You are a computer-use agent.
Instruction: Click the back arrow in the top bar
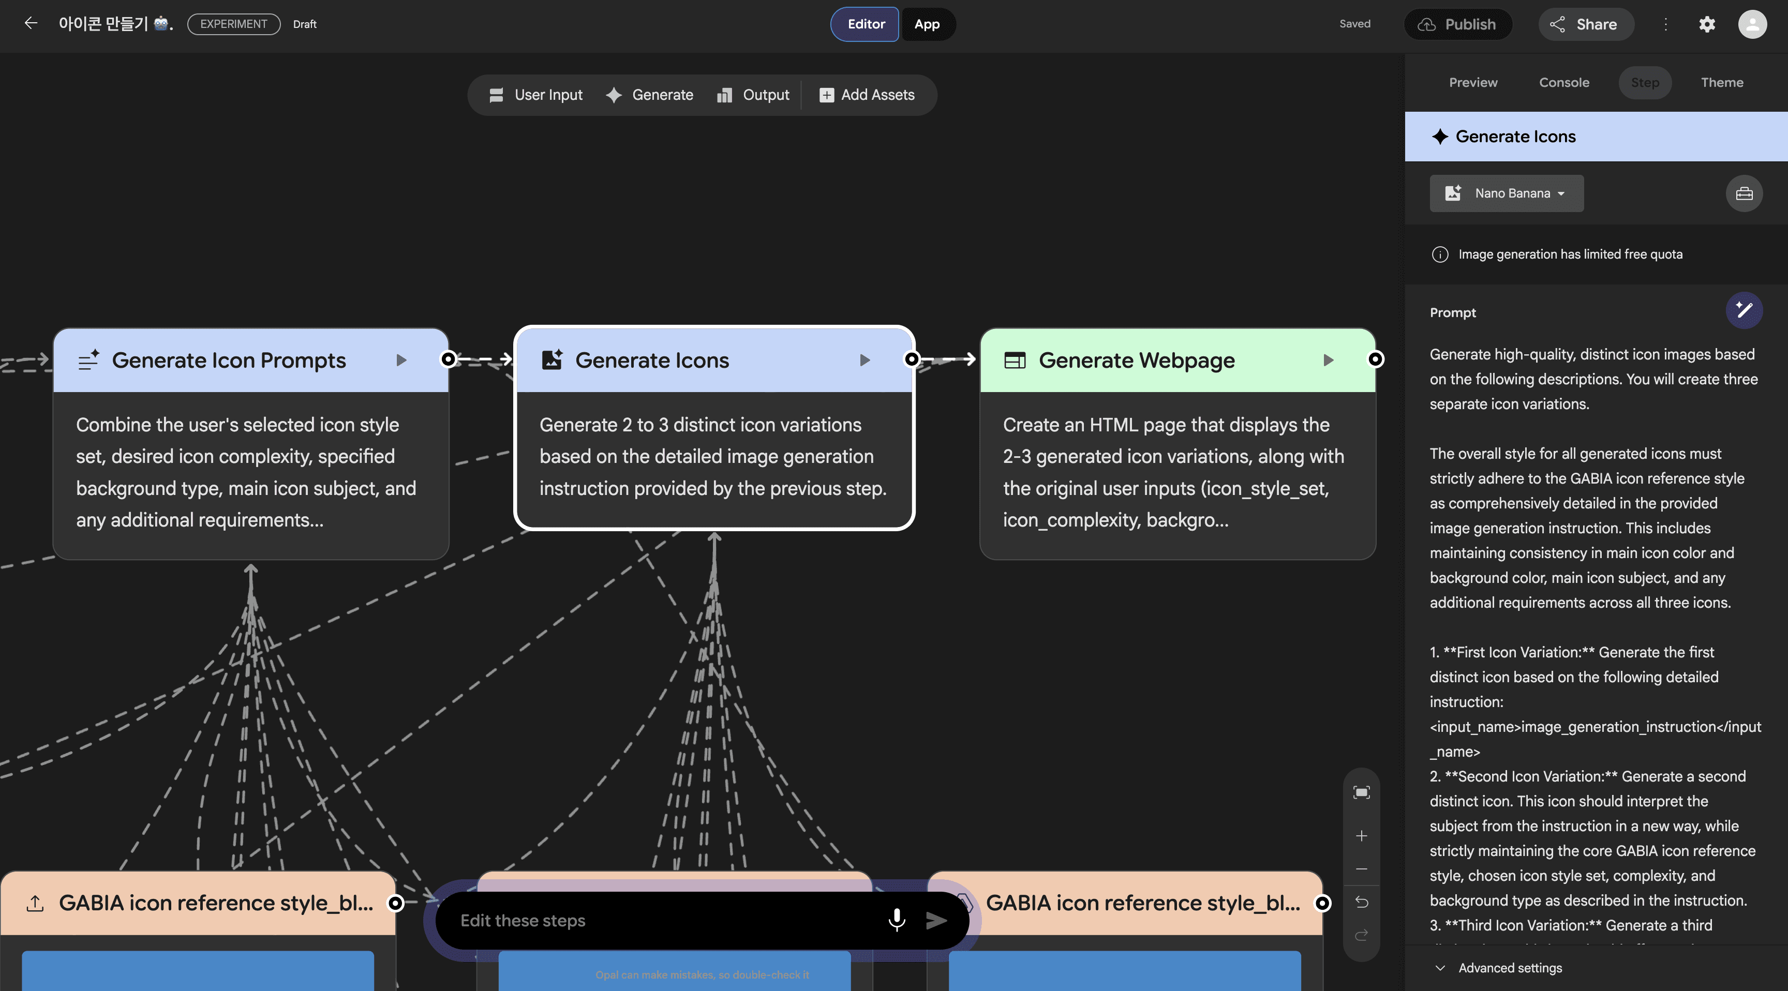tap(31, 24)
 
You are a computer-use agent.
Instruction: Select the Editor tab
tap(865, 24)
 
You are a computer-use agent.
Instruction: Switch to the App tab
tap(927, 24)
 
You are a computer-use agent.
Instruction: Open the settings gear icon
tap(1707, 24)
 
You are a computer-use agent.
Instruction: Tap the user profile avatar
tap(1752, 24)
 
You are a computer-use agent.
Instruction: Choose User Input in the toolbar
tap(536, 95)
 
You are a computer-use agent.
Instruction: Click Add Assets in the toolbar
tap(867, 95)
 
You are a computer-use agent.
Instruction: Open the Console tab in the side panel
tap(1564, 83)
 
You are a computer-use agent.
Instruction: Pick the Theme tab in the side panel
tap(1721, 83)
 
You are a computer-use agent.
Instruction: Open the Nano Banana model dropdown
tap(1506, 193)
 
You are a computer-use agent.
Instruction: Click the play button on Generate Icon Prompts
tap(401, 360)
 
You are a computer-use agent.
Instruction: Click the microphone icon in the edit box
tap(896, 920)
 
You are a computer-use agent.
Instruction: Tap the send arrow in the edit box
tap(936, 920)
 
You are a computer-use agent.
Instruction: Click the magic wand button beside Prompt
tap(1744, 310)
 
